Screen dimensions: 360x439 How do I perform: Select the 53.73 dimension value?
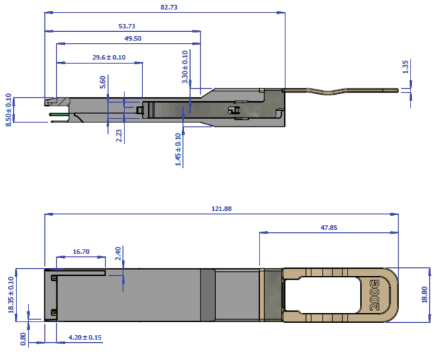click(126, 26)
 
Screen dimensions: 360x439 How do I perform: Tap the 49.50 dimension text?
click(133, 39)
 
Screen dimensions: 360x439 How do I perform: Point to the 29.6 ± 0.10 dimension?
click(109, 58)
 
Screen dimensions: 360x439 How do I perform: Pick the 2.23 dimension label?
click(119, 135)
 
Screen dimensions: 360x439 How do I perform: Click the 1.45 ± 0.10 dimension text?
click(178, 150)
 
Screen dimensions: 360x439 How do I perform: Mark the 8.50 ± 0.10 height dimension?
click(8, 110)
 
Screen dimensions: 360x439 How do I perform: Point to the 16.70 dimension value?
click(81, 252)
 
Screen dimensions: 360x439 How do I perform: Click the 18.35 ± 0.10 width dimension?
click(10, 294)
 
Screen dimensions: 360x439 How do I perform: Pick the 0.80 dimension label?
click(24, 338)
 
